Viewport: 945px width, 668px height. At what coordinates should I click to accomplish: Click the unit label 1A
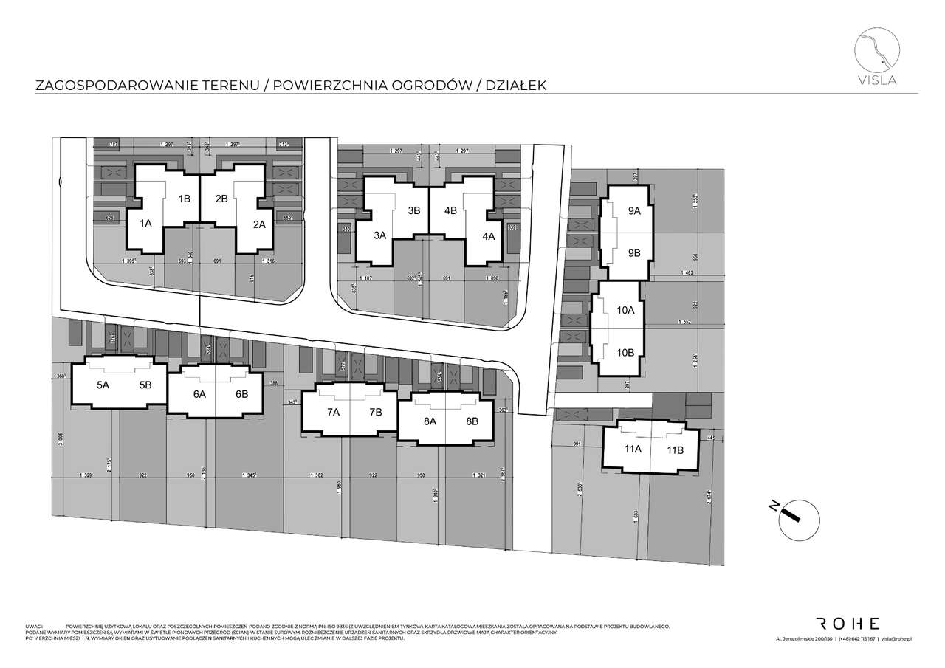145,224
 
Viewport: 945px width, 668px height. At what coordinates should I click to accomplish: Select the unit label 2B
221,199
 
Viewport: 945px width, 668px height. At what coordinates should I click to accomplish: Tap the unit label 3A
380,236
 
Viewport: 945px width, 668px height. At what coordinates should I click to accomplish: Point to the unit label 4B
450,210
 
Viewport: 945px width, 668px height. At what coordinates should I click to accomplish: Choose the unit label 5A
103,385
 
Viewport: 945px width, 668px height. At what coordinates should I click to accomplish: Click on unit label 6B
242,394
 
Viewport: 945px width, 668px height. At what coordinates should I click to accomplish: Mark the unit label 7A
333,412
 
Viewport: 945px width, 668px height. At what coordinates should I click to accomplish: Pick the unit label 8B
472,421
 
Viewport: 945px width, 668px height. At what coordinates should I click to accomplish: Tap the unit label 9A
634,211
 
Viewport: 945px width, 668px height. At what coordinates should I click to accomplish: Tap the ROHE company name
847,623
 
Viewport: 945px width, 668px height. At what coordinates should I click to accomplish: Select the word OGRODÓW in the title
435,86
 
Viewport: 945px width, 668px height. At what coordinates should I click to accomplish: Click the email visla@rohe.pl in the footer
898,639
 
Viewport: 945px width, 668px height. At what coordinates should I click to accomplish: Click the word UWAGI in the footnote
35,625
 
